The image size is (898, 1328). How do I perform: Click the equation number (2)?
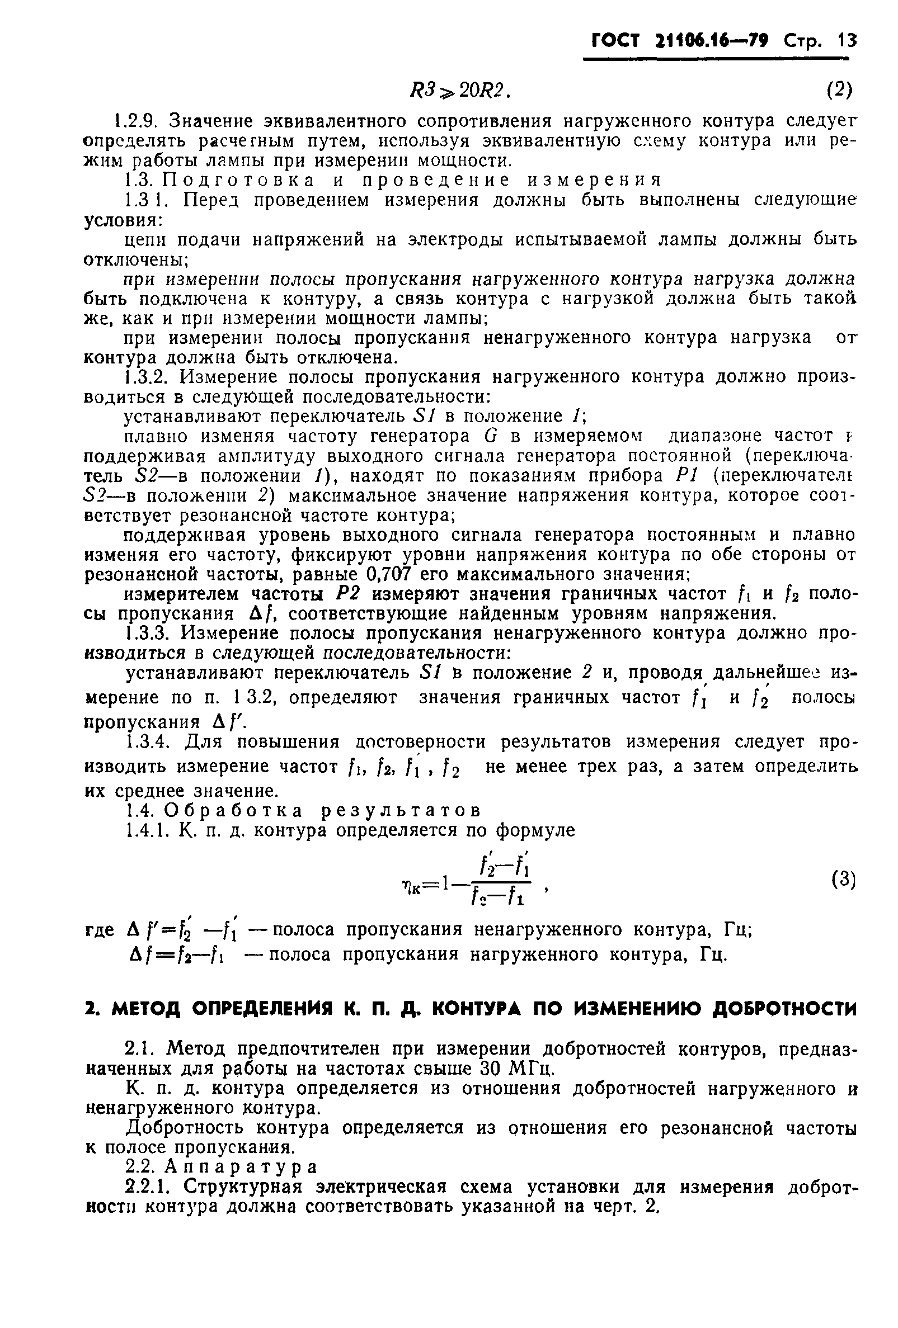[839, 89]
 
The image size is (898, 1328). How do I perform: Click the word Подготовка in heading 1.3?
[238, 180]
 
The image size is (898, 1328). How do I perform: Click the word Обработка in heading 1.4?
[235, 810]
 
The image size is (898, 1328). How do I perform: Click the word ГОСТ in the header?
[617, 41]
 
